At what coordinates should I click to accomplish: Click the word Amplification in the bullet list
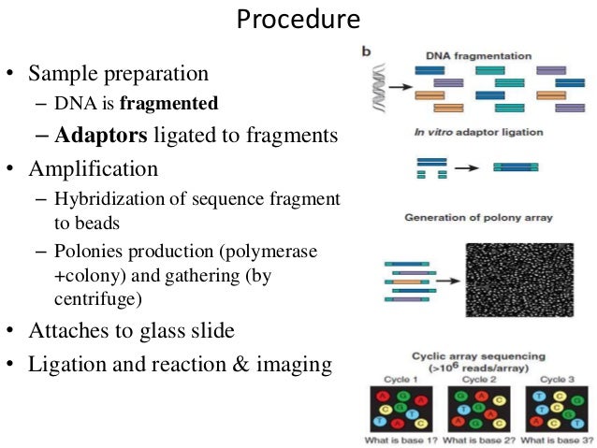pos(94,169)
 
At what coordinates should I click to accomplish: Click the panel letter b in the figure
pos(367,50)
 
